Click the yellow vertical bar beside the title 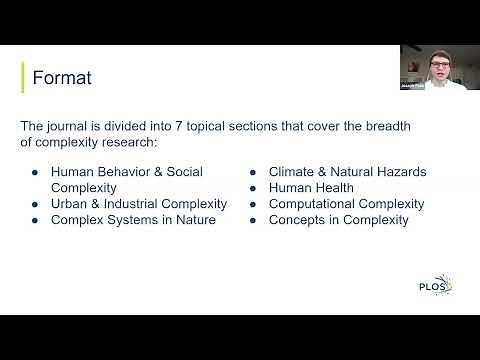tap(23, 77)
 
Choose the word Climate tap(293, 172)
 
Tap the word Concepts tap(297, 220)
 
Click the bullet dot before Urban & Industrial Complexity tap(35, 204)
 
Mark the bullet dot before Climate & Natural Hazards tap(254, 172)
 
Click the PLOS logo tap(435, 288)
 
